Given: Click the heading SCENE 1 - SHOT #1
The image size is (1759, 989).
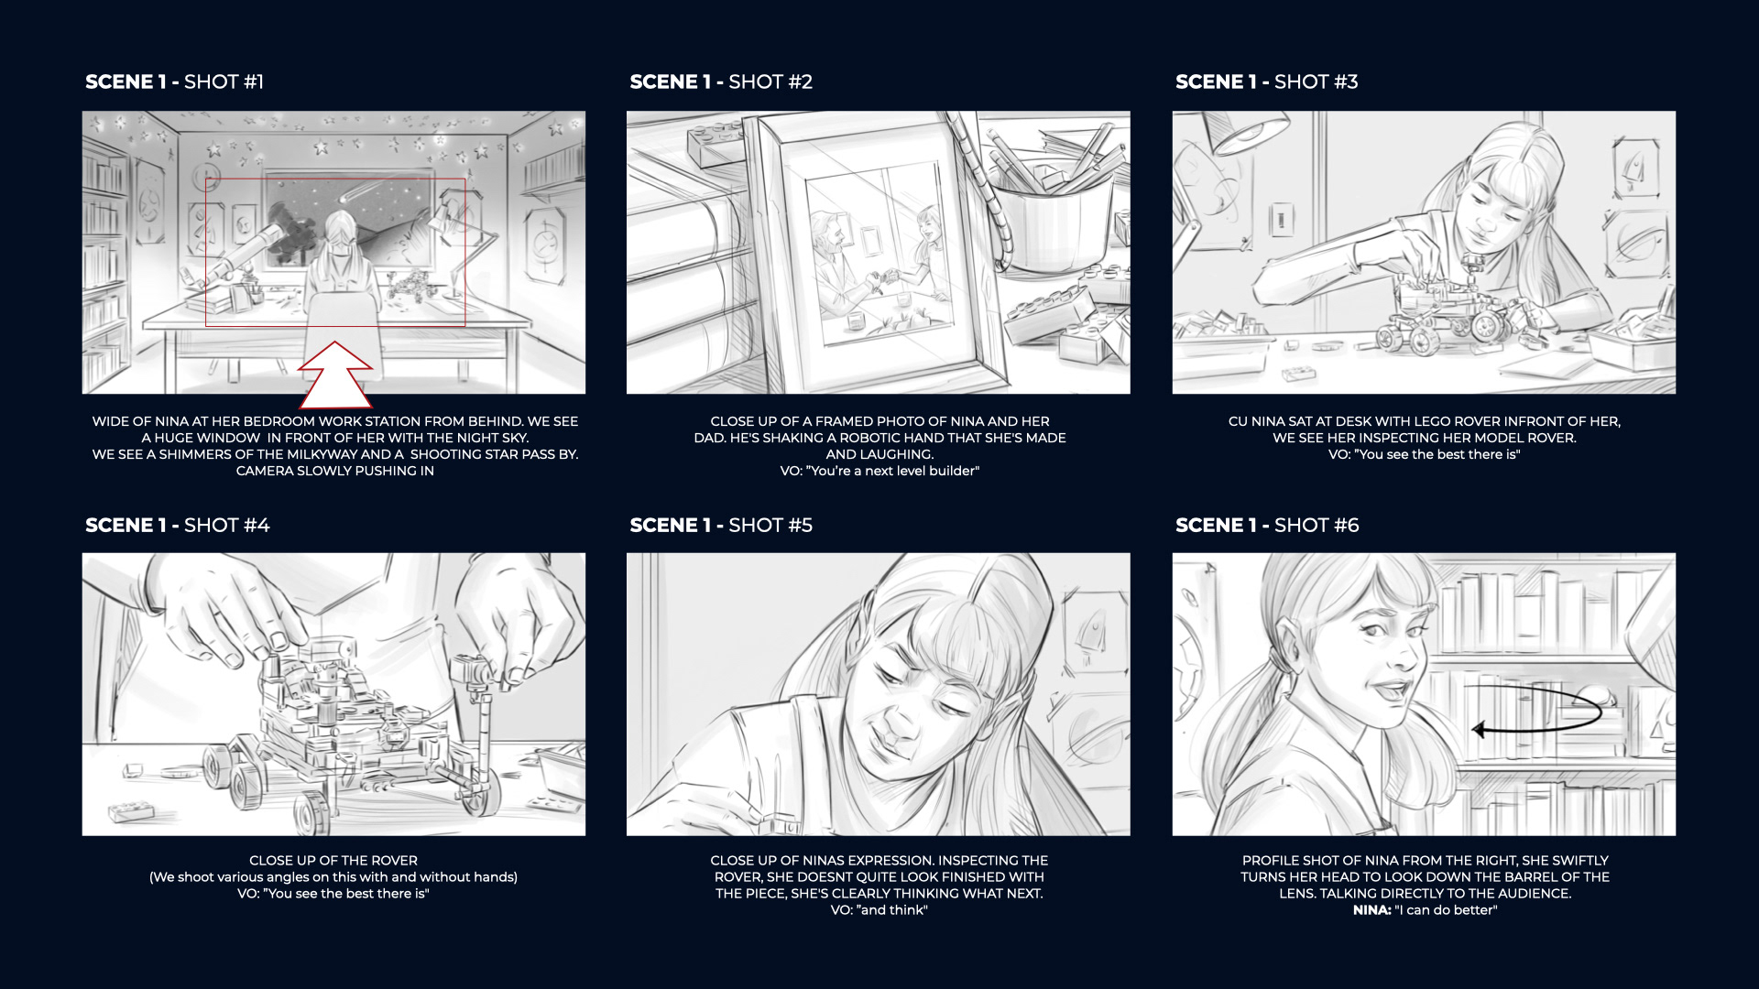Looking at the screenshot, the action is pyautogui.click(x=174, y=82).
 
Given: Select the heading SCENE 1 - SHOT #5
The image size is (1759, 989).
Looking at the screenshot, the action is pyautogui.click(x=721, y=525).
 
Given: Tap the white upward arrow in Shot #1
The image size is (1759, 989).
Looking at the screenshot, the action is pyautogui.click(x=335, y=375).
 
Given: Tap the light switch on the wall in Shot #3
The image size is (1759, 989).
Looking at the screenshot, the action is pyautogui.click(x=1282, y=221).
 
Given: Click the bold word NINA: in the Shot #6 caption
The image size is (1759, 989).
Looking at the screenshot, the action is pyautogui.click(x=1371, y=910).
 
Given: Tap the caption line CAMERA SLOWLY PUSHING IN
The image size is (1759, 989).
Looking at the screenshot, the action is pyautogui.click(x=335, y=471).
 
